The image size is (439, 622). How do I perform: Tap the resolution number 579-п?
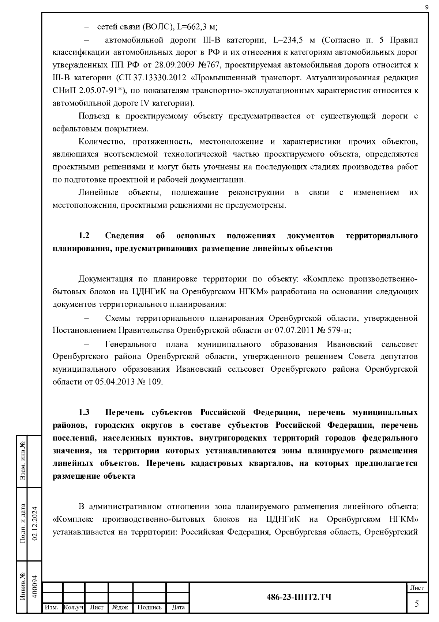pos(339,330)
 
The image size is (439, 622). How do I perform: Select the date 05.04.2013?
pos(115,382)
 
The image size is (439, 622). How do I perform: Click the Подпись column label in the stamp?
pos(149,607)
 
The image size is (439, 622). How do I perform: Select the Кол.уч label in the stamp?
pos(73,607)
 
